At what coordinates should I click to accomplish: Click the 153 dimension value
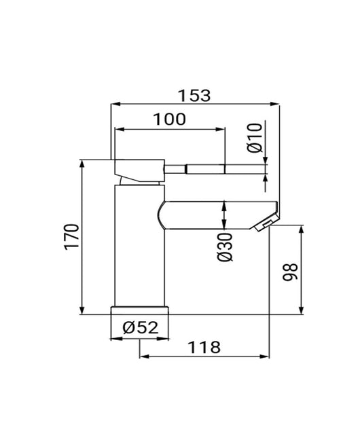196,95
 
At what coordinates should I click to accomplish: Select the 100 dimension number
169,119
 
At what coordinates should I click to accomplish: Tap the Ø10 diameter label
254,138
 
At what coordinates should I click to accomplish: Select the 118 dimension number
204,347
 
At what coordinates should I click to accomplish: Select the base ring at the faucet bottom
139,310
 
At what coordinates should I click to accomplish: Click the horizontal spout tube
217,214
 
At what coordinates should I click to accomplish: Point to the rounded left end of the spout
161,215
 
